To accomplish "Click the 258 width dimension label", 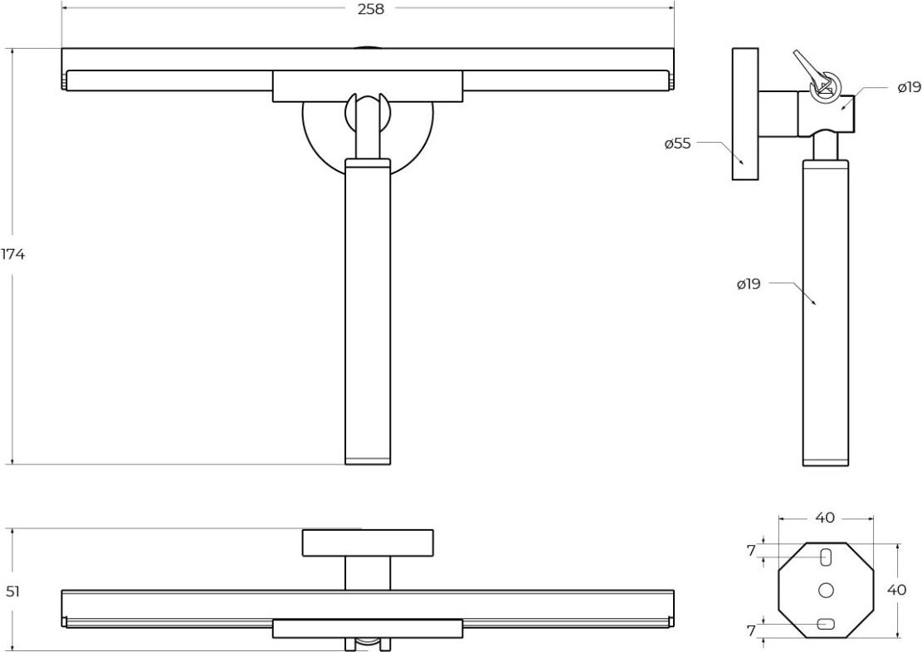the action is tap(370, 9).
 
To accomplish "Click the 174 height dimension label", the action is tap(12, 255).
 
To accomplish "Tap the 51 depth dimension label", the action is tap(13, 591).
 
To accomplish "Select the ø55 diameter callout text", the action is tap(678, 143).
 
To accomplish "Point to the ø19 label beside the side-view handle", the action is tap(749, 284).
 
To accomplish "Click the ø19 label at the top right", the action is tap(909, 88).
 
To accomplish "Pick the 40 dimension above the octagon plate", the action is tap(825, 518).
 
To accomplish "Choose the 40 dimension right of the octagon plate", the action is tap(897, 590).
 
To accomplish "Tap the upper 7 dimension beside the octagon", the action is tap(751, 551).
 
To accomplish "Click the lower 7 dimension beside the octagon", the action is tap(751, 630).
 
